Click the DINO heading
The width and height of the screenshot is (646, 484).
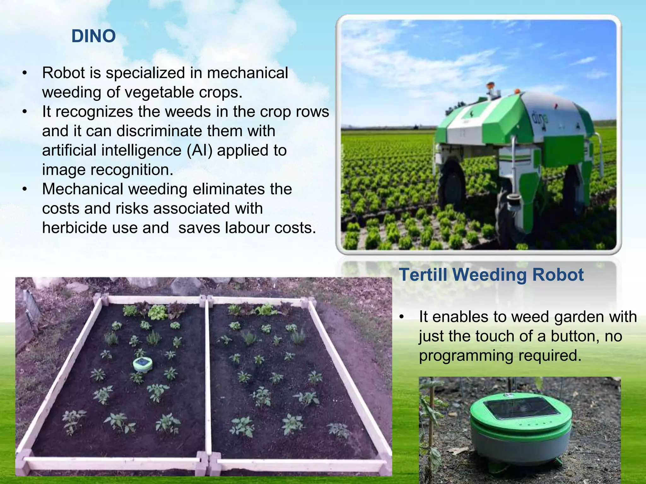pyautogui.click(x=94, y=36)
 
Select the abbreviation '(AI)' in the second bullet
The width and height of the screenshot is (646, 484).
pyautogui.click(x=199, y=150)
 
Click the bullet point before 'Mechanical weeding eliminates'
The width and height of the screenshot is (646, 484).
pyautogui.click(x=25, y=189)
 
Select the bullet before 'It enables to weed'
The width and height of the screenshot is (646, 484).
pyautogui.click(x=401, y=317)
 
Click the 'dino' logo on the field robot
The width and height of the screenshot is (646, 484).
pyautogui.click(x=540, y=118)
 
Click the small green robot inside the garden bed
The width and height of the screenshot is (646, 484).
pyautogui.click(x=143, y=364)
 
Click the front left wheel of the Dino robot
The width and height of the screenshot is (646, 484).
pyautogui.click(x=452, y=183)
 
